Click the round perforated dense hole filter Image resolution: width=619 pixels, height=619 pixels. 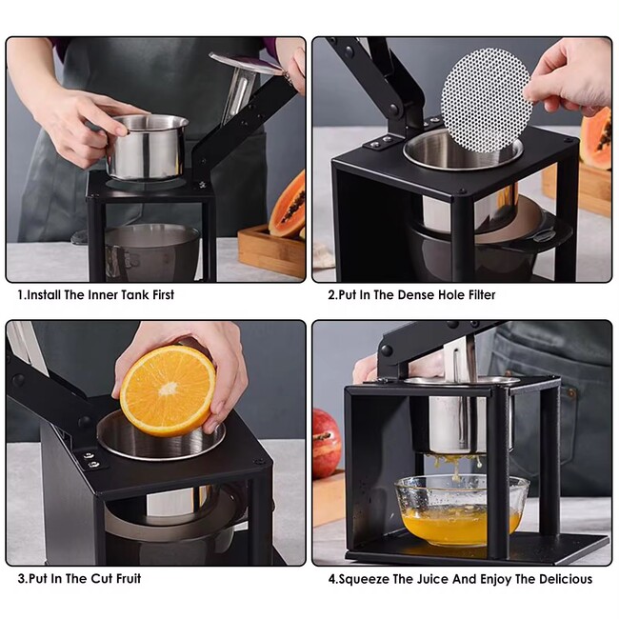[x=486, y=100]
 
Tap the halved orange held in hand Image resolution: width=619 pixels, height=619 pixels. [x=168, y=390]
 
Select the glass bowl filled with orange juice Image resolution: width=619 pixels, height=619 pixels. [x=462, y=510]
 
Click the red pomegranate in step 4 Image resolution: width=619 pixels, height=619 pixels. [x=326, y=443]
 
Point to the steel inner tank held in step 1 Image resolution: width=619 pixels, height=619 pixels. [x=147, y=146]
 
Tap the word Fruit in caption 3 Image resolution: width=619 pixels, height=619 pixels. [x=128, y=579]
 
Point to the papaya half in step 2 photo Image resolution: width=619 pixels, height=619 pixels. [x=596, y=138]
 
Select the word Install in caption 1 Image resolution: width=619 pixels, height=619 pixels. [x=44, y=295]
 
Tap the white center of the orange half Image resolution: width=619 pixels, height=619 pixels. [x=169, y=389]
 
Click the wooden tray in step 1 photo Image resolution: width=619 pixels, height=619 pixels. [x=271, y=251]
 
